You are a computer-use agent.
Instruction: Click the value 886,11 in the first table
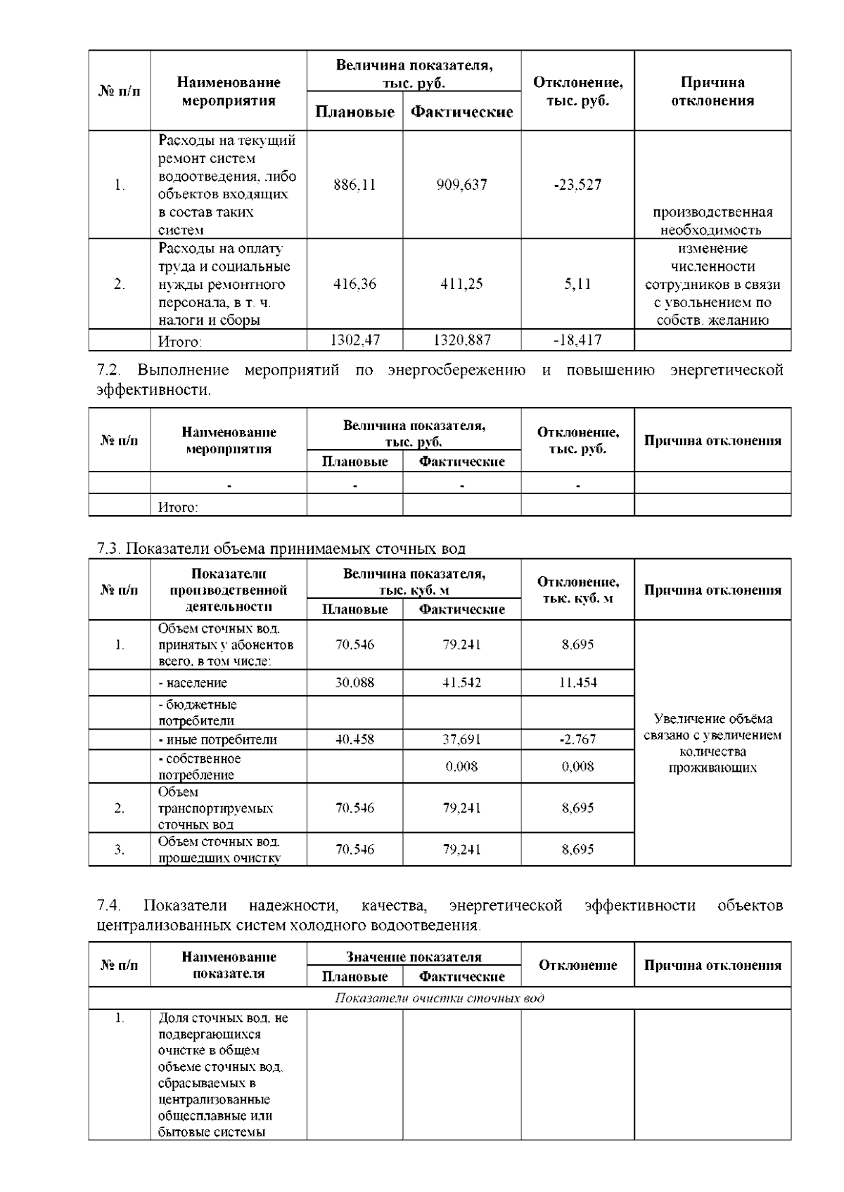coord(354,185)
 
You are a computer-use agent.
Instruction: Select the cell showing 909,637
coord(461,185)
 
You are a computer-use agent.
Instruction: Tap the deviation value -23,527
coord(577,185)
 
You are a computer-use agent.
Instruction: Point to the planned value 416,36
coord(354,284)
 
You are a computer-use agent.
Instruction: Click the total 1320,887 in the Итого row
coord(461,341)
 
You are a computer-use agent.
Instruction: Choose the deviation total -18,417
coord(577,341)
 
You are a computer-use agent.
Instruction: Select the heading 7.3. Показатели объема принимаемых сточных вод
coord(281,549)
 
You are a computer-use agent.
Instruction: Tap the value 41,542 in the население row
coord(461,682)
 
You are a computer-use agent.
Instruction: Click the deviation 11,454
coord(577,682)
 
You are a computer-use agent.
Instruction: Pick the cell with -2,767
coord(577,739)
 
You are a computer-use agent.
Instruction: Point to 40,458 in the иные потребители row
coord(354,739)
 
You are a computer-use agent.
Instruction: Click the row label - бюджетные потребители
coord(197,713)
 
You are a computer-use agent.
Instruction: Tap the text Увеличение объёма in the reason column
coord(712,719)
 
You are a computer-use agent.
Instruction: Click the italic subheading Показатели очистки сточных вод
coord(439,999)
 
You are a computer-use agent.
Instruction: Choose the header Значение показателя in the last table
coord(414,957)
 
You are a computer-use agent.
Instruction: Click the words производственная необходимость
coord(712,221)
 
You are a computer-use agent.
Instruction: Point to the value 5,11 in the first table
coord(577,284)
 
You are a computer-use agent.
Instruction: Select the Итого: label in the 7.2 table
coord(177,507)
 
